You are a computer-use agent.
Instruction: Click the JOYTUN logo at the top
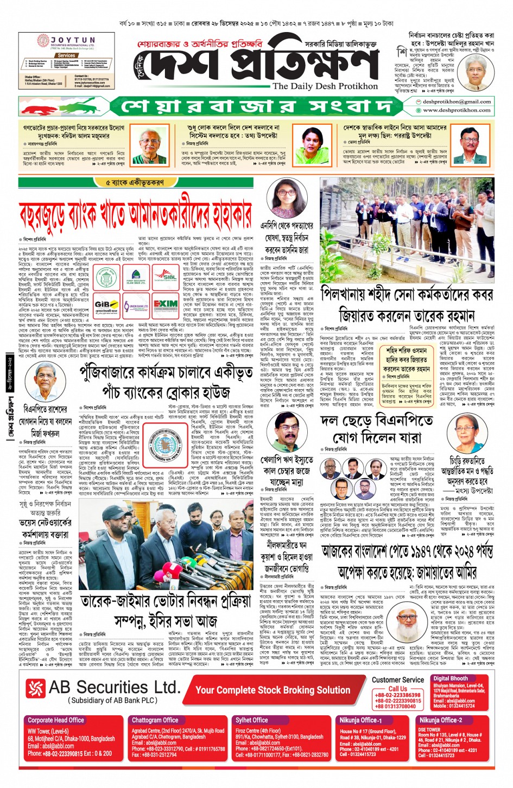click(x=66, y=41)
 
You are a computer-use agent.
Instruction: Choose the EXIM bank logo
click(x=165, y=305)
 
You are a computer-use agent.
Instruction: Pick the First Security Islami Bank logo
click(x=136, y=277)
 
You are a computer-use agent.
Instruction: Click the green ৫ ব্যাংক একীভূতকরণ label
click(x=135, y=183)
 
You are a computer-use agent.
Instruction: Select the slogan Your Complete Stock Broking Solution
click(x=273, y=690)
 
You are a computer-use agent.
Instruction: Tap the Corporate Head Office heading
click(x=56, y=720)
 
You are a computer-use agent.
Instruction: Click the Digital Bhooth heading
click(x=450, y=678)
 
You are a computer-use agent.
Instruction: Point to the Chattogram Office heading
click(x=155, y=720)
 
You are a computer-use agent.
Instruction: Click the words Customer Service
click(x=397, y=679)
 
